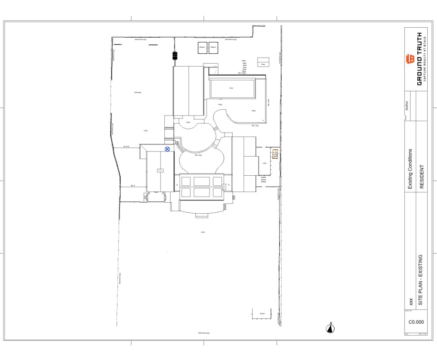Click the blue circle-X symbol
[x=167, y=149]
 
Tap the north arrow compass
[x=330, y=328]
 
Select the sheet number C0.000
[x=416, y=322]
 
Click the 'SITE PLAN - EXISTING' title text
[x=420, y=280]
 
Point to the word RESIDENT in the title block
[x=422, y=177]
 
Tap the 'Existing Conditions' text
[x=411, y=169]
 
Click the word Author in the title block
[x=407, y=105]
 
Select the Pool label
[x=231, y=88]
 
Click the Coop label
[x=263, y=64]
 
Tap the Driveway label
[x=137, y=92]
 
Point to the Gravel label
[x=262, y=314]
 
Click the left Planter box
[x=202, y=47]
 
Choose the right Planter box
[x=213, y=47]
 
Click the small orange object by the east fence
[x=275, y=154]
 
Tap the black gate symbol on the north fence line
[x=175, y=55]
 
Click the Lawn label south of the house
[x=203, y=232]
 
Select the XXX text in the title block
[x=411, y=302]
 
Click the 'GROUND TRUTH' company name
[x=420, y=58]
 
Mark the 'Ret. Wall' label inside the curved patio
[x=198, y=155]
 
